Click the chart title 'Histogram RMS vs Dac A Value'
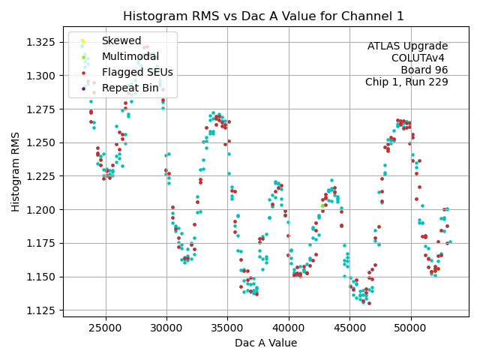263,16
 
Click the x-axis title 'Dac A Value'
265,343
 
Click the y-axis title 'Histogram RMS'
16,174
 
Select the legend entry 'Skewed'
121,40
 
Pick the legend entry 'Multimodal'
130,56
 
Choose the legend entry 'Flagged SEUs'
136,72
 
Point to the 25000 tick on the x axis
105,328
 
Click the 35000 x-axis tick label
227,328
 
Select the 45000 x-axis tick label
349,328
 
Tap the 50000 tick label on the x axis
411,328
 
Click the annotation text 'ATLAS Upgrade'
407,46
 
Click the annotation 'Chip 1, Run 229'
406,82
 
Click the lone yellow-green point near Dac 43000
322,205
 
